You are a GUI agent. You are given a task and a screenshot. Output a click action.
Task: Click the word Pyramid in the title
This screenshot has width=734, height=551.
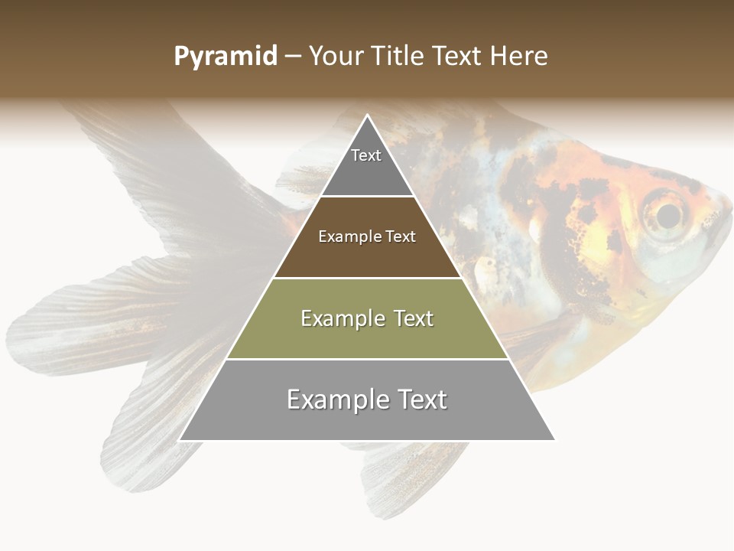click(225, 57)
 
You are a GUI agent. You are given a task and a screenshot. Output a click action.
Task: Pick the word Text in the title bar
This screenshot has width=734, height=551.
click(458, 57)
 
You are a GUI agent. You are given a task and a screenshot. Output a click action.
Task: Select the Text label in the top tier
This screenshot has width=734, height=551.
click(366, 155)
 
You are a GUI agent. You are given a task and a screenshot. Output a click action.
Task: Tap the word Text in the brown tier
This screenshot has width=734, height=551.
click(401, 237)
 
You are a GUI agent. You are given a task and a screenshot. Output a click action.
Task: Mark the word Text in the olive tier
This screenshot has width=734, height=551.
click(413, 318)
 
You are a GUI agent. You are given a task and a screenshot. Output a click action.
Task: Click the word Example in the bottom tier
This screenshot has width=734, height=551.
click(336, 399)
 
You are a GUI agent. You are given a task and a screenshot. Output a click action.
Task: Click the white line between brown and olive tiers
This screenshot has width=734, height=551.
click(367, 278)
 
